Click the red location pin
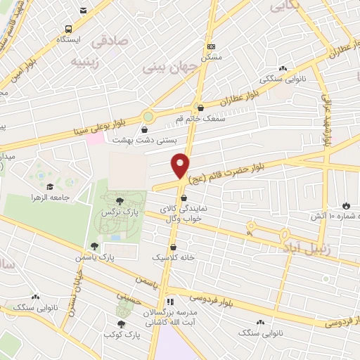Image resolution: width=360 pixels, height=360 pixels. click(181, 165)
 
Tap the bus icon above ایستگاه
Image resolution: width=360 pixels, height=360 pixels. click(69, 29)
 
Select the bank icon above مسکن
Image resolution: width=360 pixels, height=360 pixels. click(211, 46)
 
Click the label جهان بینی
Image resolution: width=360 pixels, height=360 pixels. click(161, 69)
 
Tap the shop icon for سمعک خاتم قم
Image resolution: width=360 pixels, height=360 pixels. click(202, 108)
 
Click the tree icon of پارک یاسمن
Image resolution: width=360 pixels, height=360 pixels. click(94, 246)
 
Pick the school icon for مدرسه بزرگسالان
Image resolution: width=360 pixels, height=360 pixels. click(169, 301)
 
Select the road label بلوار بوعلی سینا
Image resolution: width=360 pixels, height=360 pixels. click(98, 127)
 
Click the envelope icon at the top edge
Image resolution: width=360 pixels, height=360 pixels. click(84, 10)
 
